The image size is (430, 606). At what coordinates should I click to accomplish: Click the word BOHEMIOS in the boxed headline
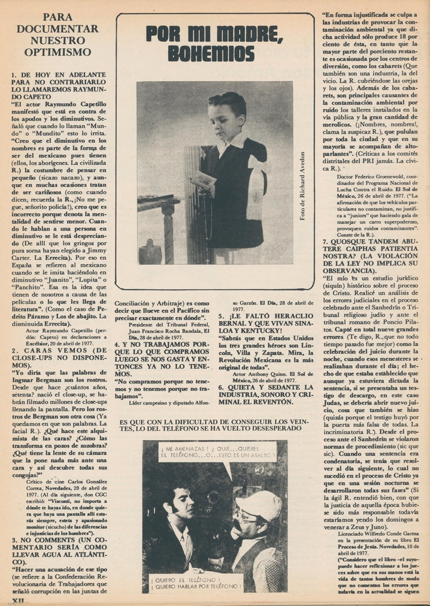point(211,53)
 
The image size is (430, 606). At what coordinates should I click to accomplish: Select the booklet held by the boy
point(204,179)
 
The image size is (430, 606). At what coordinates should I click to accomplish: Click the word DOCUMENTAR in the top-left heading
point(57,29)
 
